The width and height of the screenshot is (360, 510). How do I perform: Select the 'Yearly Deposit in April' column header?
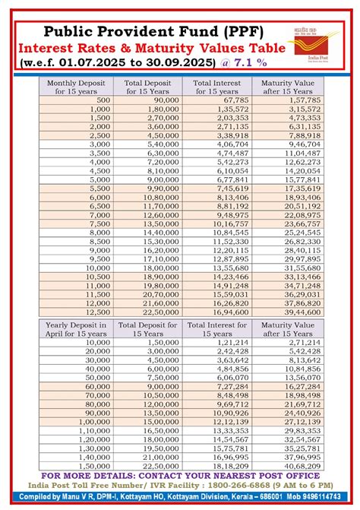(74, 328)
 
